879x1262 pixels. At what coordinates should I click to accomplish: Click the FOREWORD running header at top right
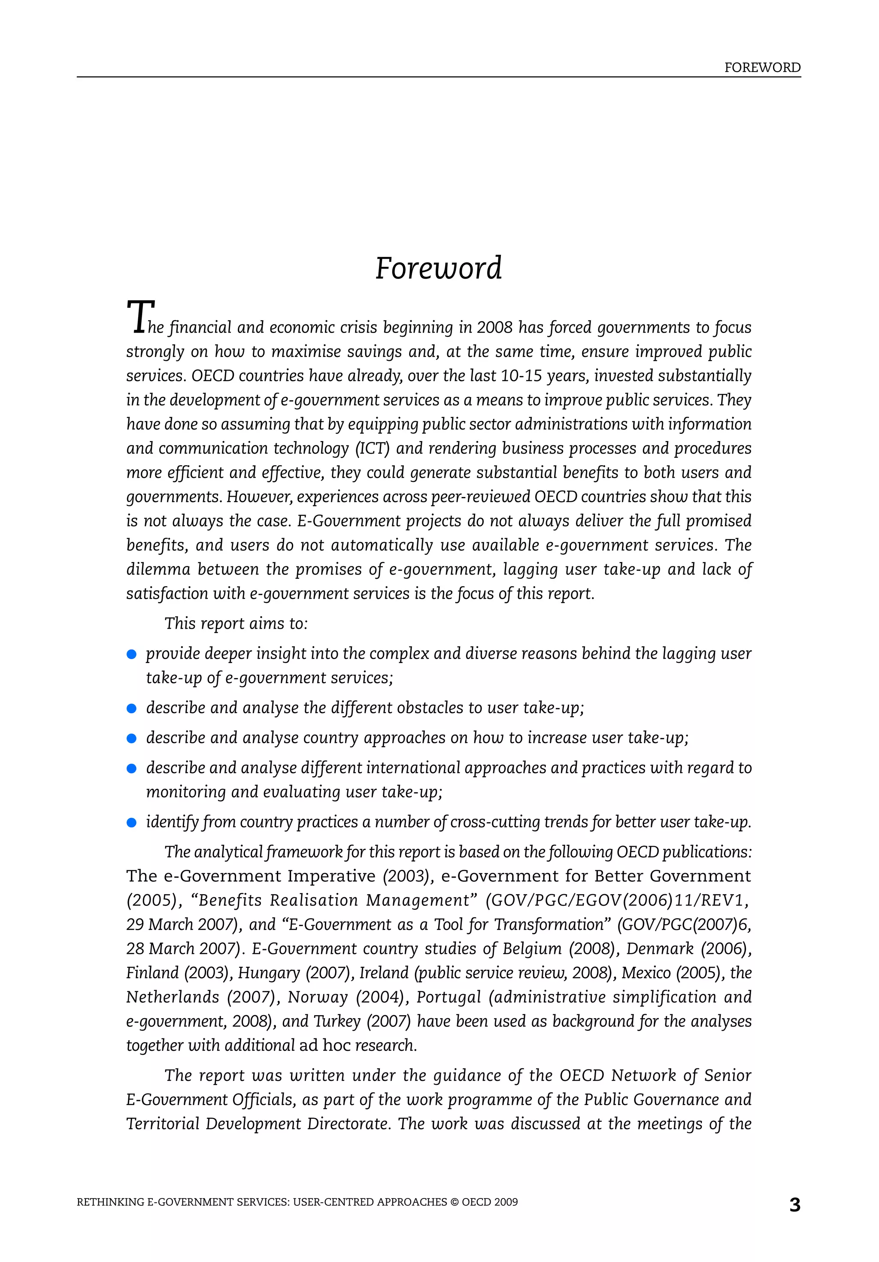coord(762,68)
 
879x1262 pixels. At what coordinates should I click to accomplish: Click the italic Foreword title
coord(438,268)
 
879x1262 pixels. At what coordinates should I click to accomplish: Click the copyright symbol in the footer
coord(454,1202)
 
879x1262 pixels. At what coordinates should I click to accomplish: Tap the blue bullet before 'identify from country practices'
coord(131,823)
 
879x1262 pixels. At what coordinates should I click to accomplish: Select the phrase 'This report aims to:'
coord(236,624)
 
